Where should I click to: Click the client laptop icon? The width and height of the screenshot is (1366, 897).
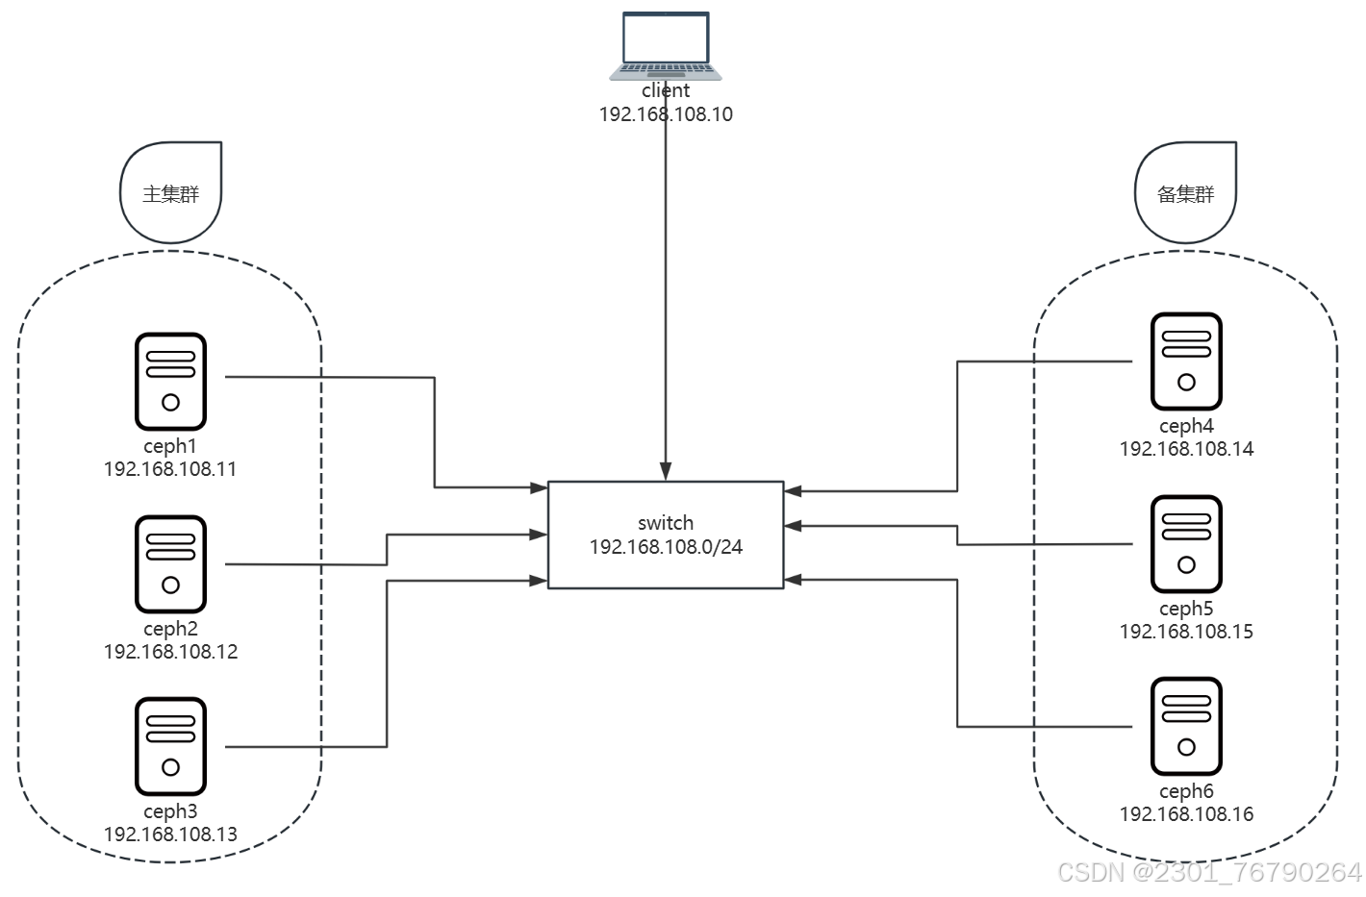[666, 45]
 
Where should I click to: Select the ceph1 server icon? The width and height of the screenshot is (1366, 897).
[170, 381]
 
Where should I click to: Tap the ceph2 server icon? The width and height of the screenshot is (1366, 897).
[170, 563]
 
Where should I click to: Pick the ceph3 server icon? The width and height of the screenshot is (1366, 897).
[170, 746]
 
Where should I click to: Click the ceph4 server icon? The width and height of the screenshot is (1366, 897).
[1186, 361]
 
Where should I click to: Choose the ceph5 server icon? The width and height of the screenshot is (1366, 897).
[1186, 543]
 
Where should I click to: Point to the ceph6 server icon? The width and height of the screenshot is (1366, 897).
[1186, 726]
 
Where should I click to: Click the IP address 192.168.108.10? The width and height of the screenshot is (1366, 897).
[666, 114]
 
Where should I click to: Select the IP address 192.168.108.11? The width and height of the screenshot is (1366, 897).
[170, 469]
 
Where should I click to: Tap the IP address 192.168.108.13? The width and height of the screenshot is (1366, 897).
[170, 835]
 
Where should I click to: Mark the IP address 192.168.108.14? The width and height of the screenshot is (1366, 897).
[1186, 449]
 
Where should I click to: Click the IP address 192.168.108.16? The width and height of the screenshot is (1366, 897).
[1186, 814]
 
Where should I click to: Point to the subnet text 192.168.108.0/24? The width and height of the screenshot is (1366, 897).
[666, 547]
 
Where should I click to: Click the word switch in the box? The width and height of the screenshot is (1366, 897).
[666, 523]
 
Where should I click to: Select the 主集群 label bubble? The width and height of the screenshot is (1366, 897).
[171, 192]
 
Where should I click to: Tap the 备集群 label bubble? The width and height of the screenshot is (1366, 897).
[1186, 192]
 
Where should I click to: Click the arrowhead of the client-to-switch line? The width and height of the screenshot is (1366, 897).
[666, 471]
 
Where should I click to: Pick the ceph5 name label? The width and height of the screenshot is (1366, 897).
[1186, 609]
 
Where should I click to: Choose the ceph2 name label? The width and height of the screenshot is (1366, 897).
[170, 629]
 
